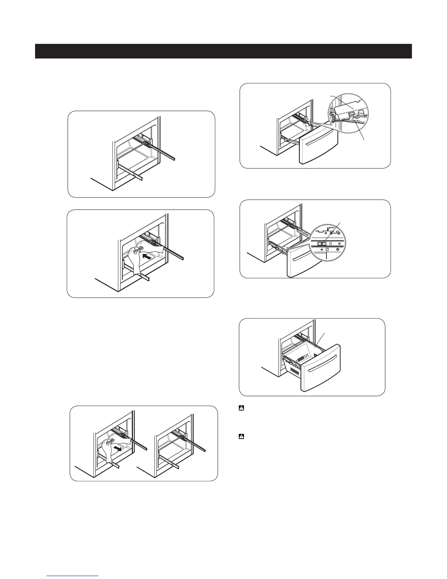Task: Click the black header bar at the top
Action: coord(223,51)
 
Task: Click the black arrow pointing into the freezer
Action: coord(147,257)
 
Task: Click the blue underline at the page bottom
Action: coord(73,576)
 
